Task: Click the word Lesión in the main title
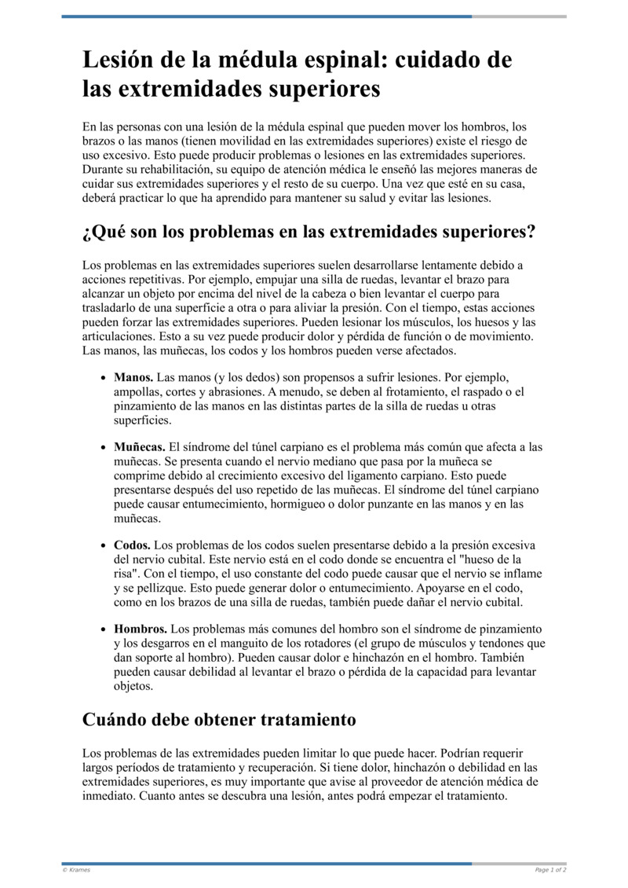[122, 61]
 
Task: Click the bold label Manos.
[133, 377]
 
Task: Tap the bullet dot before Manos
[104, 378]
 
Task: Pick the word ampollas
[138, 392]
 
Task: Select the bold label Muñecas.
[140, 447]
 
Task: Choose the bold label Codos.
[132, 545]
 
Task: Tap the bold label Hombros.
[141, 629]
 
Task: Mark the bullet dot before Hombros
[104, 630]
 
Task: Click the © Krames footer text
[76, 870]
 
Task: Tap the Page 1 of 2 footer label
[550, 870]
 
